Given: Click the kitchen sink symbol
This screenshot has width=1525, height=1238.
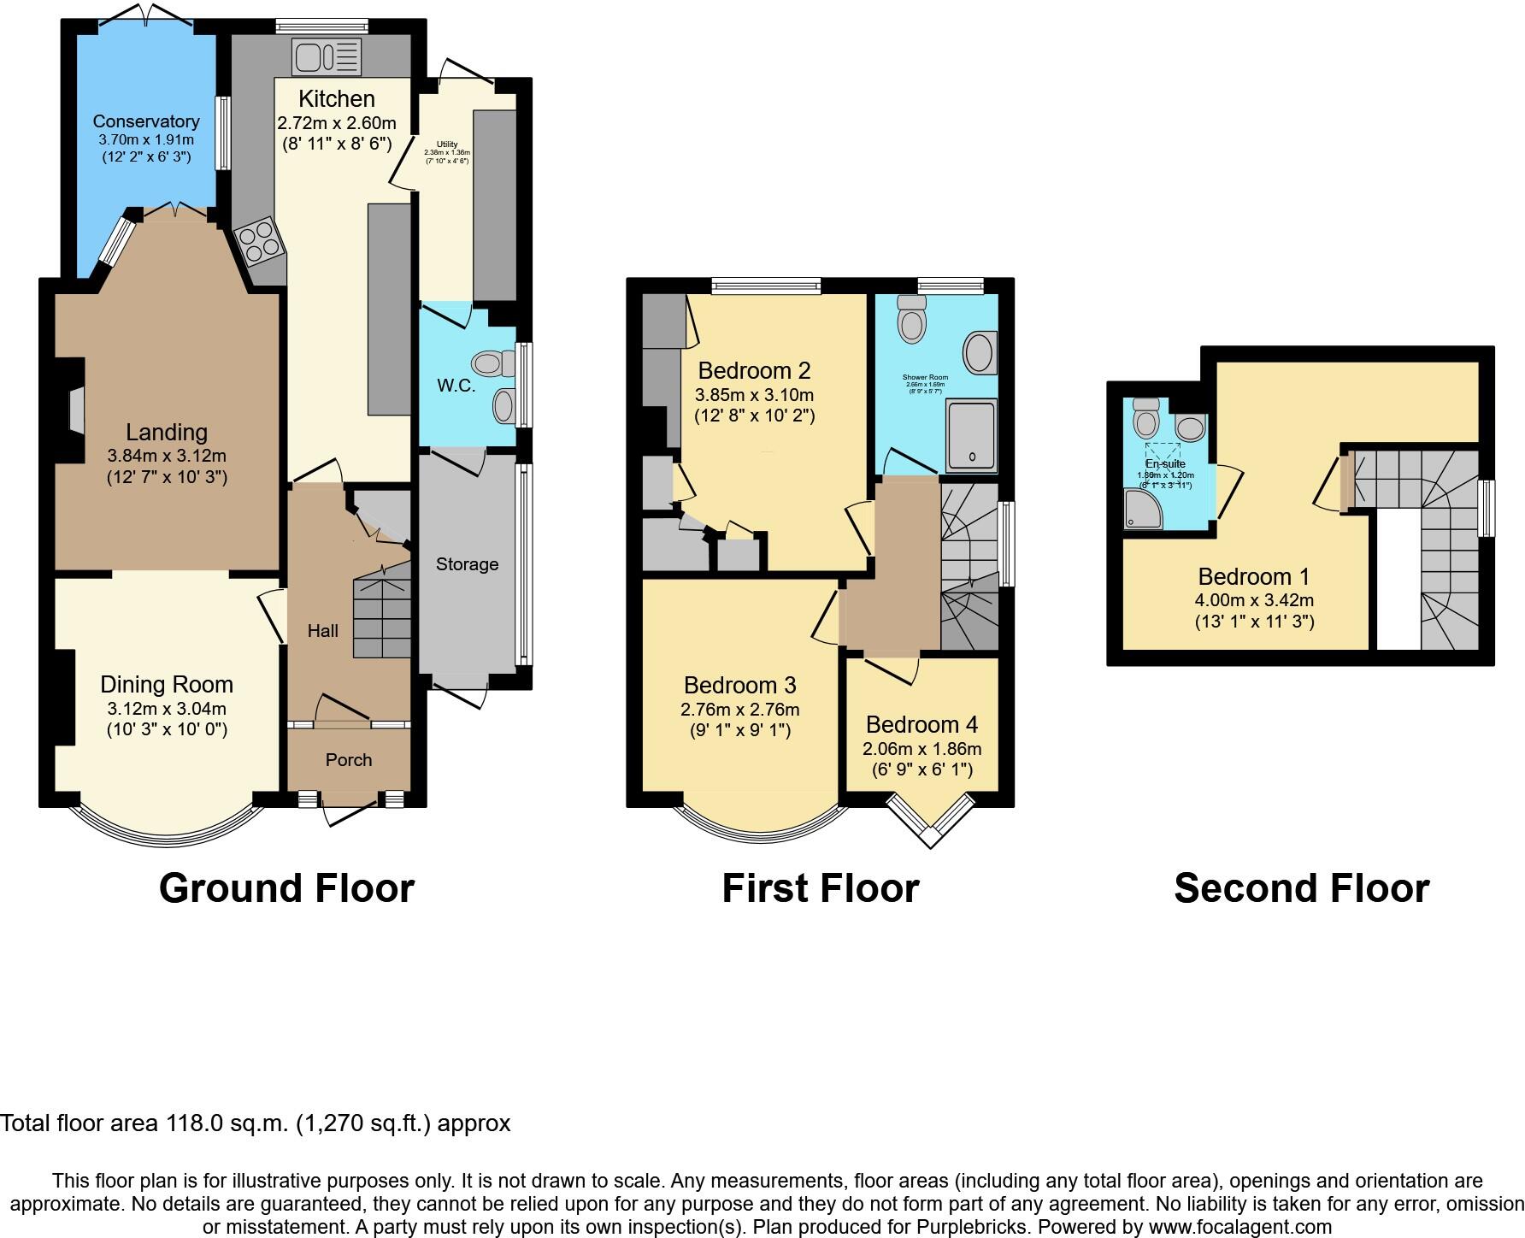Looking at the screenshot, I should [327, 57].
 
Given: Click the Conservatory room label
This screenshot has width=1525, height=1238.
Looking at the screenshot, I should [146, 121].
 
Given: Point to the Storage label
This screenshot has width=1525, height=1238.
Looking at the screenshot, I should [467, 564].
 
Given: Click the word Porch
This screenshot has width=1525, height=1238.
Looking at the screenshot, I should [349, 760].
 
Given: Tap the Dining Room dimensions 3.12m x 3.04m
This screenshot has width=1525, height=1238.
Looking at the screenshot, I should [167, 709].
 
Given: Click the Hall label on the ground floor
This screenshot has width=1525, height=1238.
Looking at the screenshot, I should [322, 631].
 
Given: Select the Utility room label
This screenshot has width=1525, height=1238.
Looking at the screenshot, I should [447, 144].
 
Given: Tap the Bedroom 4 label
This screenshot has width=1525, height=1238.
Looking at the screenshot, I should [921, 725].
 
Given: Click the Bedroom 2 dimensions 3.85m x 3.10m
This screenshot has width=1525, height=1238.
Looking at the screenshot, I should [754, 395].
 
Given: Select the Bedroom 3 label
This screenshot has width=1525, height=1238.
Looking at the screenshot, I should [739, 685].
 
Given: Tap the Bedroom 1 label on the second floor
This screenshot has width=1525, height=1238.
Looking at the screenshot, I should [1253, 576].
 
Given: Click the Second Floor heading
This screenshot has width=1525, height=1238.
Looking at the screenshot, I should [1301, 888].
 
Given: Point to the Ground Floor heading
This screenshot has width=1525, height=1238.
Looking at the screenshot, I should [286, 888].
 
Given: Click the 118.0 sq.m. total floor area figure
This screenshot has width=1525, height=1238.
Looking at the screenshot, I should [227, 1123].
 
